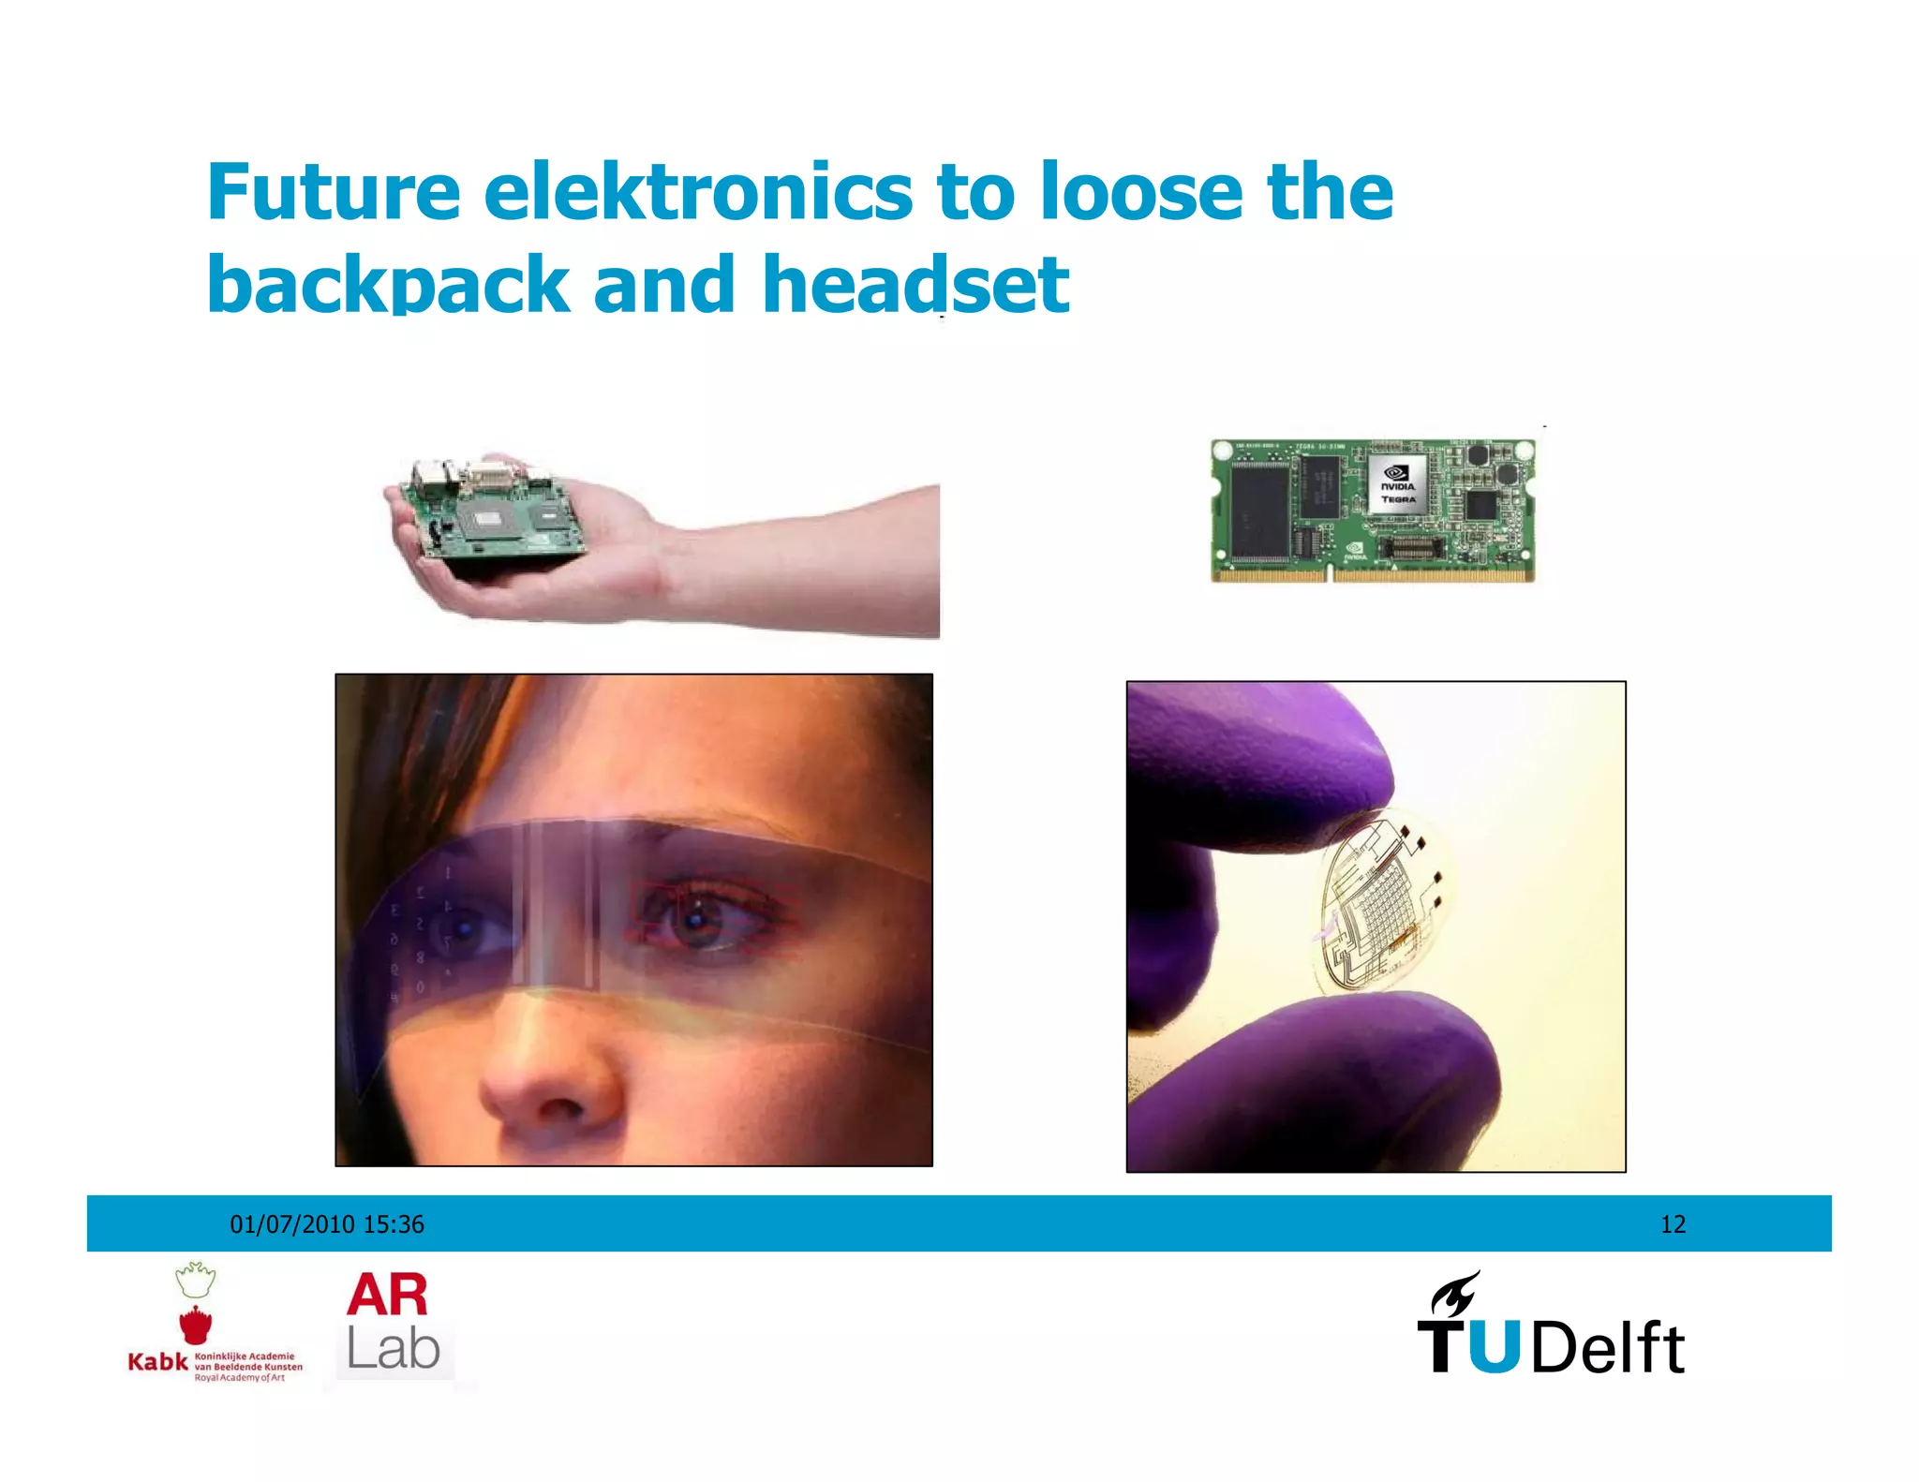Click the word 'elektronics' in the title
698,192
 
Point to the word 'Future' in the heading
334,192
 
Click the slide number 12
1673,1224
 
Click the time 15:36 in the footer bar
394,1224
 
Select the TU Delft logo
1551,1326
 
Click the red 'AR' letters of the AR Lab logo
387,1295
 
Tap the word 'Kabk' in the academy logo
156,1361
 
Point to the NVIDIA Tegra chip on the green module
1398,484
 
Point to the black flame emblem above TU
1455,1295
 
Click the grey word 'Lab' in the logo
394,1349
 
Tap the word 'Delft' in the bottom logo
1608,1349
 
